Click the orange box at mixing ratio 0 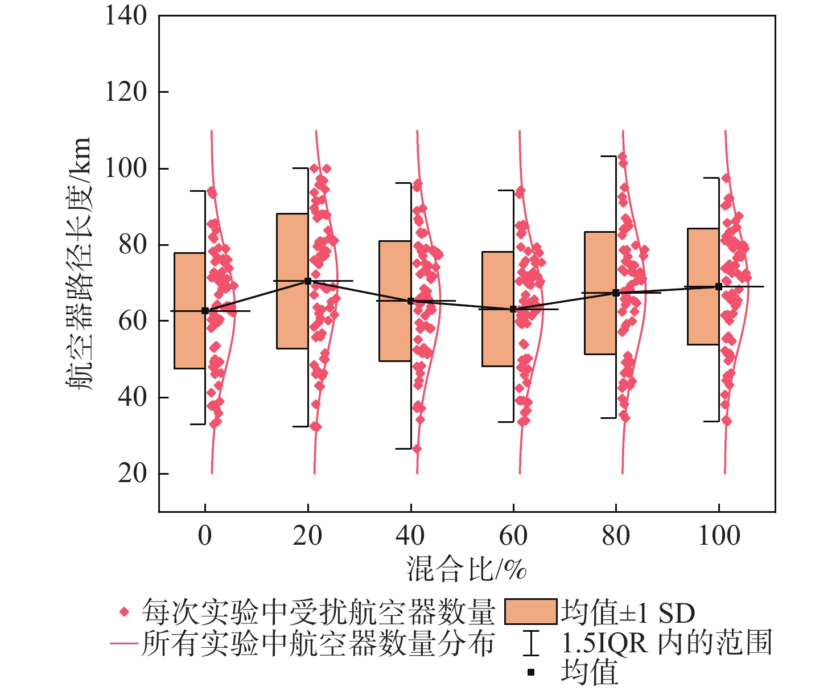tap(190, 311)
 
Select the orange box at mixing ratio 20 tap(293, 281)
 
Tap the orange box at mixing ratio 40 tap(395, 301)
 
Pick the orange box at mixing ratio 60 tap(498, 309)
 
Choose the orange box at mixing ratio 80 tap(600, 293)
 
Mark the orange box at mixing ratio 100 tap(703, 286)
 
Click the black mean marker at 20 tap(308, 281)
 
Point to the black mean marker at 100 tap(719, 286)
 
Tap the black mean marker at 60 tap(513, 309)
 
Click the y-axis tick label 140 tap(126, 16)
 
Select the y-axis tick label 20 tap(132, 473)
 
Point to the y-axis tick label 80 tap(132, 245)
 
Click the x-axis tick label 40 tap(410, 536)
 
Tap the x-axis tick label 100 tap(719, 536)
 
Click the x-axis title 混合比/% tap(466, 569)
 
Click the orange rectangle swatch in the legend tap(530, 612)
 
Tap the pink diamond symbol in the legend tap(123, 613)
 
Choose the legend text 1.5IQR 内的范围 tap(666, 643)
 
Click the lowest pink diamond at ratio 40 tap(417, 449)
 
